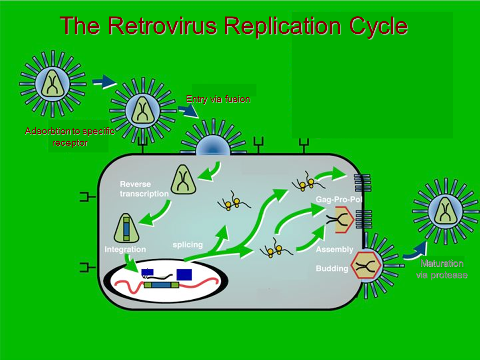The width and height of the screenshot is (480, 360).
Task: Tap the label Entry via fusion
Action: (x=218, y=99)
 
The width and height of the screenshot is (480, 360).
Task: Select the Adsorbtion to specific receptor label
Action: (x=70, y=137)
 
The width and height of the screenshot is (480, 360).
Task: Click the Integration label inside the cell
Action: (x=125, y=249)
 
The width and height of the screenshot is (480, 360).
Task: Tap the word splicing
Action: (x=187, y=245)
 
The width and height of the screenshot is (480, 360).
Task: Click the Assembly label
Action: (x=334, y=249)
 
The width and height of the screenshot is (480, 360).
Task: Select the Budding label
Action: (x=332, y=269)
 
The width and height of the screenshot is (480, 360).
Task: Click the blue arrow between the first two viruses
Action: (x=104, y=82)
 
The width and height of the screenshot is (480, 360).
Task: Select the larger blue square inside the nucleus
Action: (x=184, y=274)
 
